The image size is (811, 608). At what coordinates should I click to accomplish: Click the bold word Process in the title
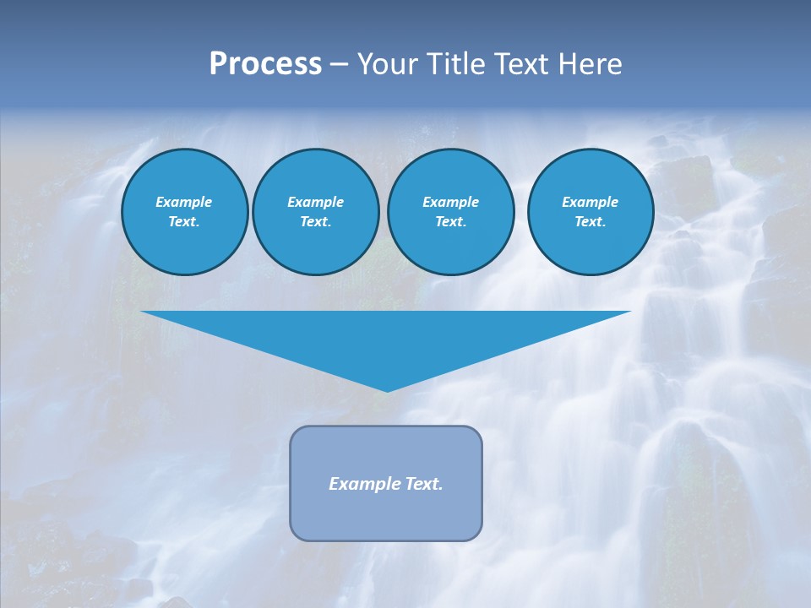[x=265, y=64]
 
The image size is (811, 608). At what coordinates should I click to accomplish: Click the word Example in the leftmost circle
[x=184, y=202]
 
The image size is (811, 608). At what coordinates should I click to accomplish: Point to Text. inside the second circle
[x=315, y=221]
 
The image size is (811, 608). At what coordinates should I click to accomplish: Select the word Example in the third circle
[x=450, y=202]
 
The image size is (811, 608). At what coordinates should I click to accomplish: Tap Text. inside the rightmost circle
[x=590, y=221]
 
